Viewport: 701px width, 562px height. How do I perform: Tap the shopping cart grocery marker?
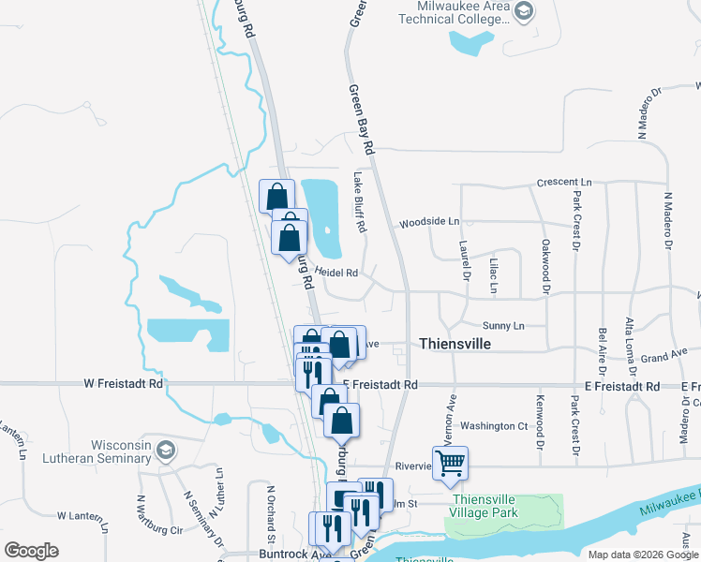451,462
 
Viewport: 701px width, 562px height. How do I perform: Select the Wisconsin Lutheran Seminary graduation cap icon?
166,451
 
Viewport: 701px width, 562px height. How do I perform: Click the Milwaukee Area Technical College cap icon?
526,12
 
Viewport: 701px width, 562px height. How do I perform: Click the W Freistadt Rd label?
123,383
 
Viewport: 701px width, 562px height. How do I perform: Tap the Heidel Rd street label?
337,273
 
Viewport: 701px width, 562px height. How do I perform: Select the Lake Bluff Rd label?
359,201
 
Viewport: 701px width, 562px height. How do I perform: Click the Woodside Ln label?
429,222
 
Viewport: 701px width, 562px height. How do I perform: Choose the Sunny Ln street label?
504,325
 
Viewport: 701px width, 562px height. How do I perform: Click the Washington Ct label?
495,425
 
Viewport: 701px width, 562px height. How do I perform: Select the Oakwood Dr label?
544,266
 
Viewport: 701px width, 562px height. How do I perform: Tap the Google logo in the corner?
31,551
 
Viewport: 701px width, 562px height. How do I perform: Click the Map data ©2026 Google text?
642,555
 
